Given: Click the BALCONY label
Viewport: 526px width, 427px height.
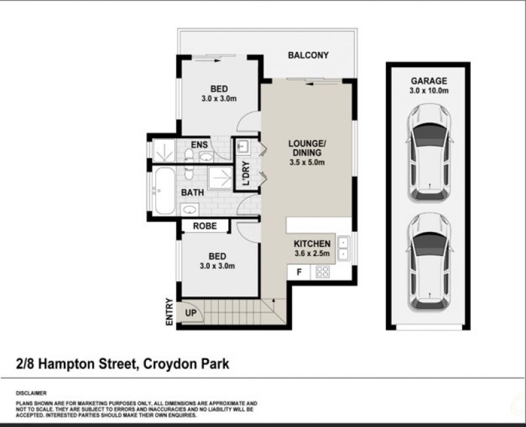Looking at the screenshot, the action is [308, 55].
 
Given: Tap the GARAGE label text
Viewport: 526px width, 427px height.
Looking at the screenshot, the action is [429, 81].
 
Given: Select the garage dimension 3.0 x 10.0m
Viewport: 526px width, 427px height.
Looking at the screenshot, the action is [429, 91].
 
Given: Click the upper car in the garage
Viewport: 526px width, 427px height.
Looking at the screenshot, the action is [429, 153].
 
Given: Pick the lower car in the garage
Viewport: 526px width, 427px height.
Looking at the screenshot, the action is [429, 262].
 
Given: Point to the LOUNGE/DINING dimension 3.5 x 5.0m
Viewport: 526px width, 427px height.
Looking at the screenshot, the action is [307, 162].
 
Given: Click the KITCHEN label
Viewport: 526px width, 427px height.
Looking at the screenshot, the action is [312, 244].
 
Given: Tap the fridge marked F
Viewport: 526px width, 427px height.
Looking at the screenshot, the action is [299, 272].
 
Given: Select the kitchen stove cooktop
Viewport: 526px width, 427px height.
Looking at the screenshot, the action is [323, 272].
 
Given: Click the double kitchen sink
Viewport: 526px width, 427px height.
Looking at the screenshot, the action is [343, 248].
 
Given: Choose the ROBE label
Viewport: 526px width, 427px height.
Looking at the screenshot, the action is [204, 226].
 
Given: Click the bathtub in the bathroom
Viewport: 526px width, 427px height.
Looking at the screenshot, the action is [164, 191].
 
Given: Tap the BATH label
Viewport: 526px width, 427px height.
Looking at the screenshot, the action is [192, 192].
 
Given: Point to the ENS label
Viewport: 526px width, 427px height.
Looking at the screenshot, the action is [199, 145].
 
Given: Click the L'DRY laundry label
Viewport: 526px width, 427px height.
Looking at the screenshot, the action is [246, 173].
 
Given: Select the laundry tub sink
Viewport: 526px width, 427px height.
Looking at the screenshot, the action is [243, 146].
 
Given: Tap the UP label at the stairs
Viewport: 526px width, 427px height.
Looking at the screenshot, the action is [191, 313].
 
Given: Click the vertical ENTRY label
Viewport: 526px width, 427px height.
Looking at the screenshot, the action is [170, 311].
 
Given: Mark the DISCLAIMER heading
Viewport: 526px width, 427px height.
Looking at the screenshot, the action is [31, 393].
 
